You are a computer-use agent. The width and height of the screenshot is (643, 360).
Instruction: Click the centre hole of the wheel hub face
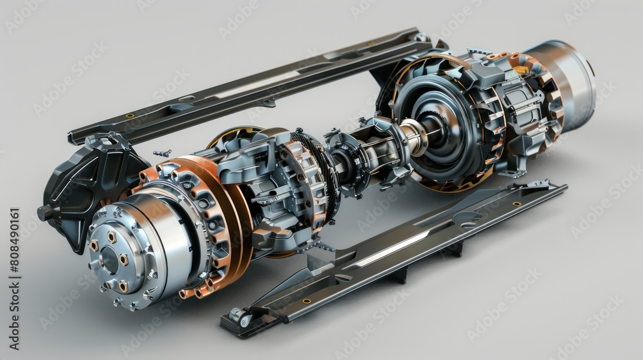(x=110, y=260)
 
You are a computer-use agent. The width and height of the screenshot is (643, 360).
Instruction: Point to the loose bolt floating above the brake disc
(x=162, y=153)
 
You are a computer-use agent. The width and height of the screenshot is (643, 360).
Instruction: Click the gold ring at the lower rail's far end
(x=516, y=204)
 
